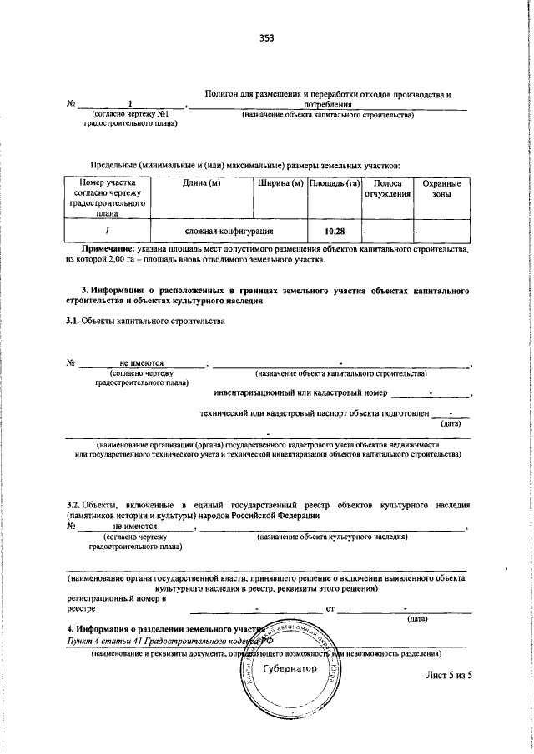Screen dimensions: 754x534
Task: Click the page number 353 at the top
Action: point(267,37)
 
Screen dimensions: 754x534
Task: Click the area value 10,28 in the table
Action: point(334,231)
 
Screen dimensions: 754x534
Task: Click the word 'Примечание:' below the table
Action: point(108,249)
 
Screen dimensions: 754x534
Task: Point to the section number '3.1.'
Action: point(73,322)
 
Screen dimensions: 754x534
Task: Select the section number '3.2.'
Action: point(73,505)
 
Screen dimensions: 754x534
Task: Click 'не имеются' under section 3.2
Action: point(135,527)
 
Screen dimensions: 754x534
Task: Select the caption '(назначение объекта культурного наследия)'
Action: point(331,537)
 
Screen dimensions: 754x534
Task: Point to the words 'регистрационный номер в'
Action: point(116,598)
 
